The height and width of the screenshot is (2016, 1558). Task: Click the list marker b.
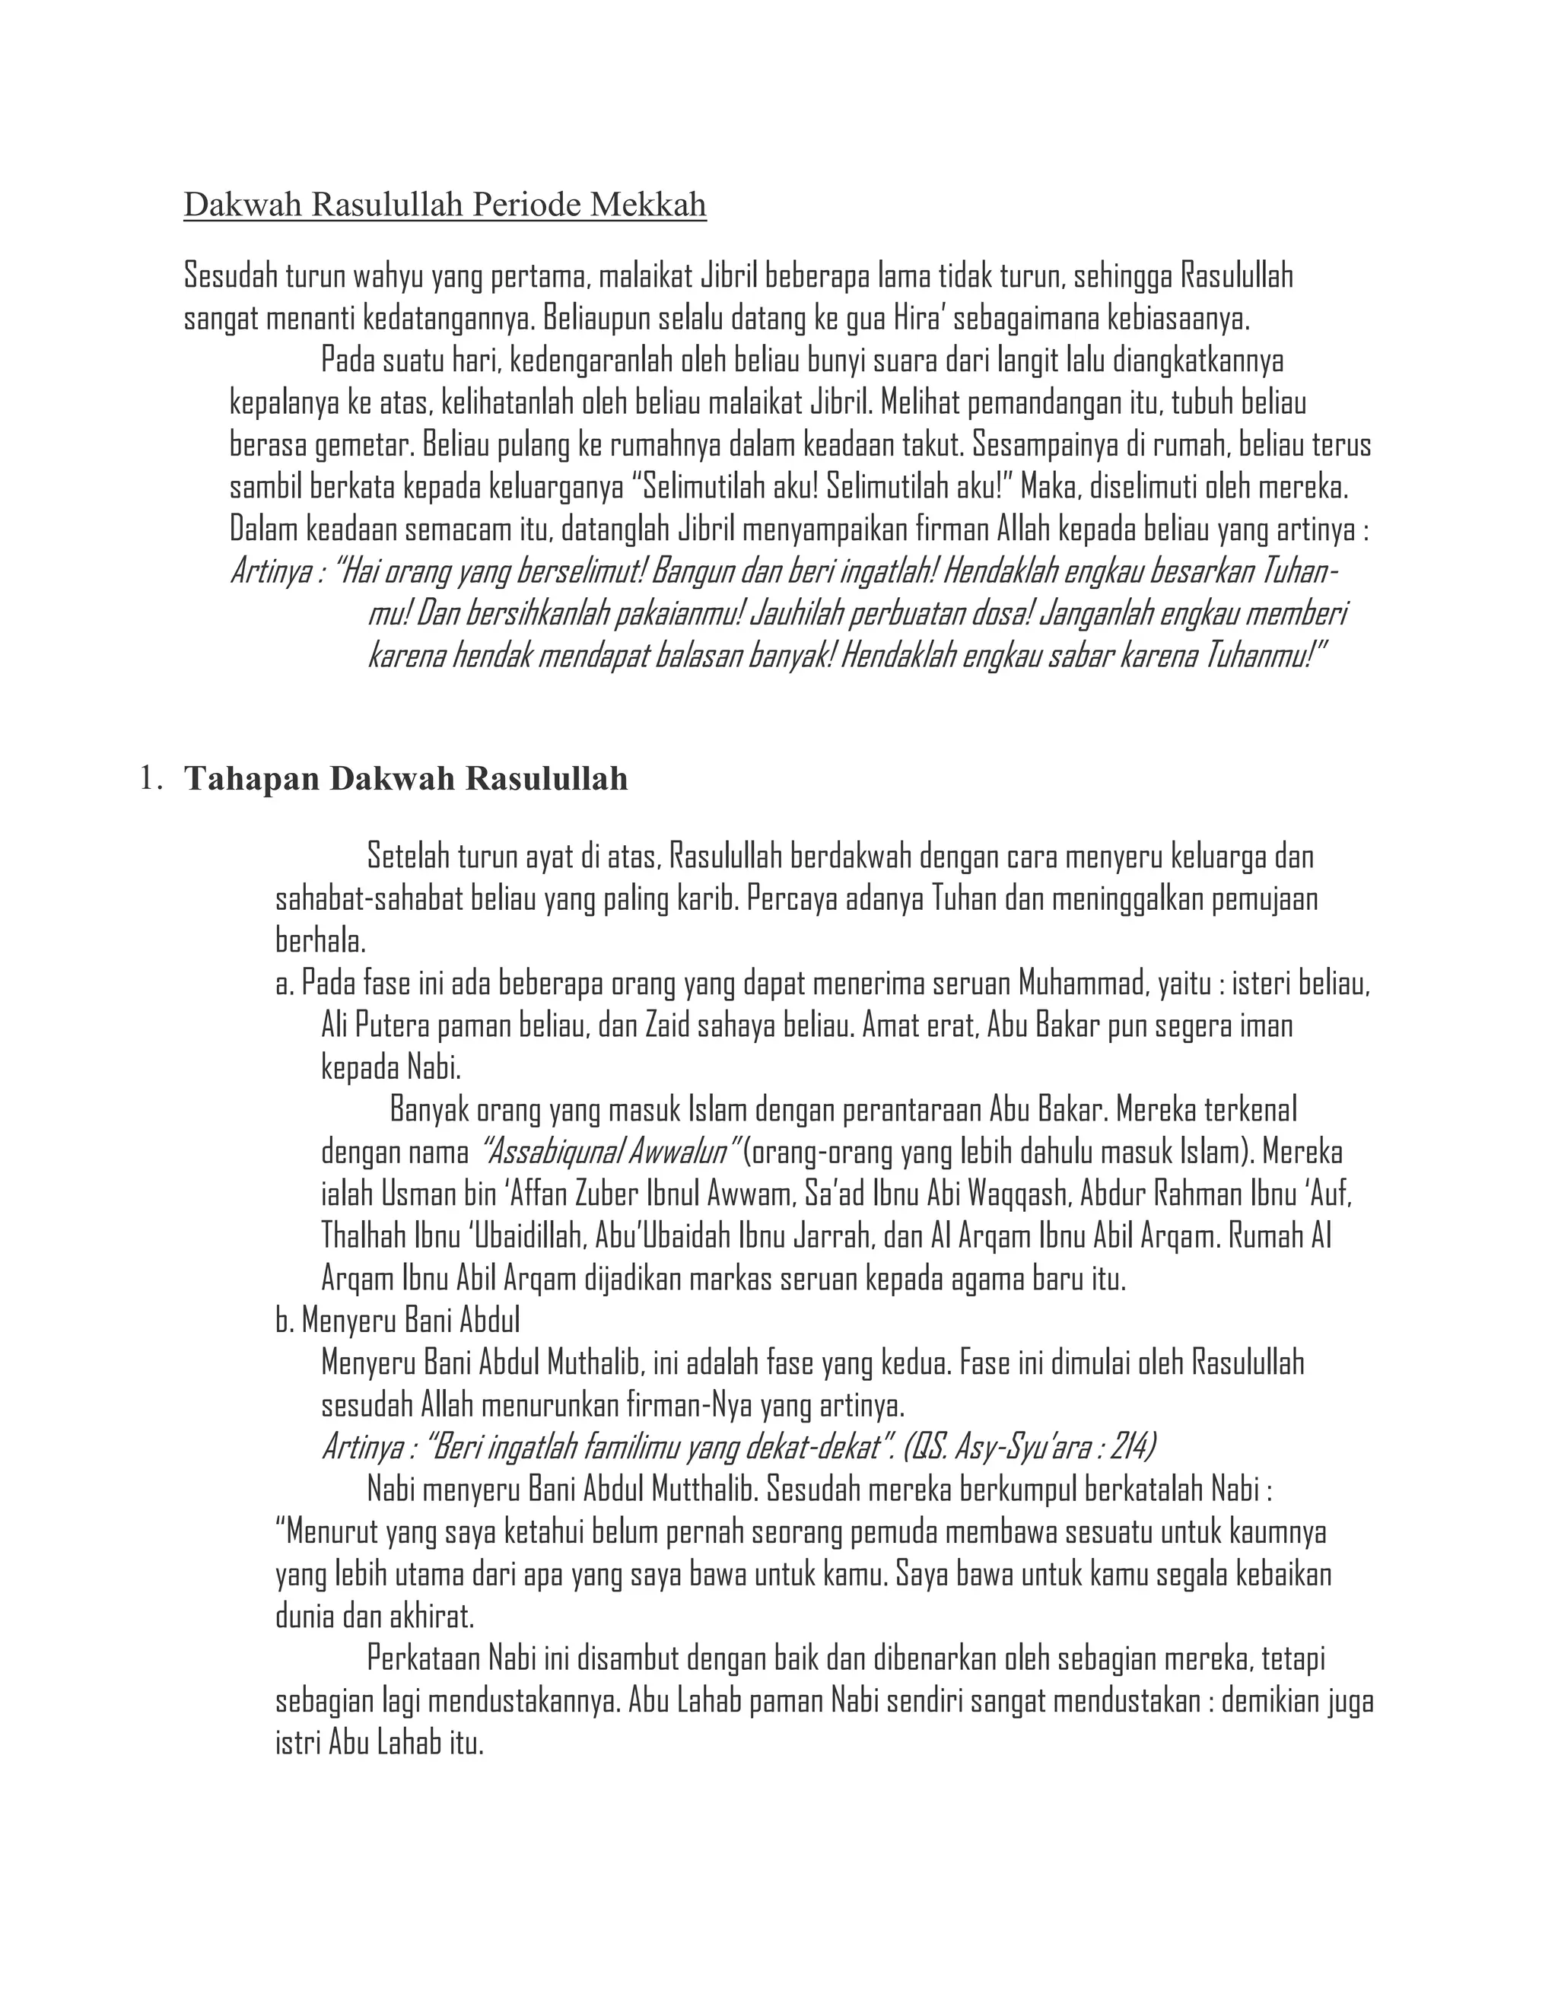285,1322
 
